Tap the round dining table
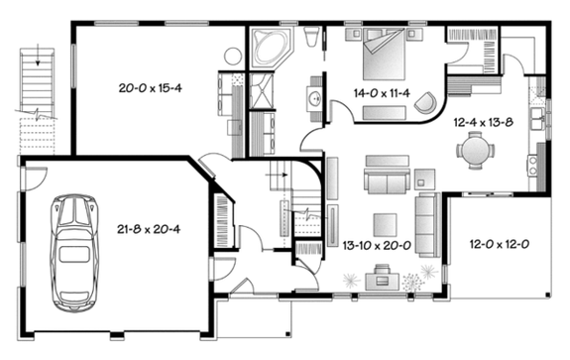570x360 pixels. pos(476,152)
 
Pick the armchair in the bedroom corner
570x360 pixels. pos(424,101)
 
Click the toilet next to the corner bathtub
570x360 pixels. pos(311,40)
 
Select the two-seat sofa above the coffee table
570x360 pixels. pos(381,181)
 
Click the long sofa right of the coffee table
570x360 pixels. pos(426,219)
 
